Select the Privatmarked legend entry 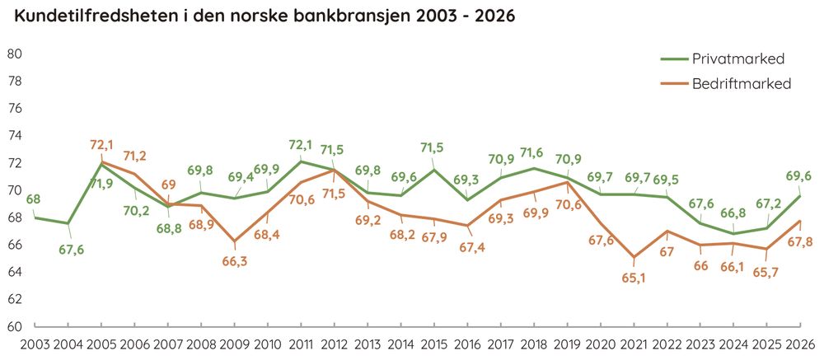[723, 58]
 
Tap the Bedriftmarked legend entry [726, 83]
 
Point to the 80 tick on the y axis [13, 54]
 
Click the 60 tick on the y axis [13, 326]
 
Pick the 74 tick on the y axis [13, 136]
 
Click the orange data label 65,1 [634, 278]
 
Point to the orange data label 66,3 [234, 262]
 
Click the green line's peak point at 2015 [434, 170]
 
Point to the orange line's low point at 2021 [634, 257]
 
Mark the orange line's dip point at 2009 [234, 241]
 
